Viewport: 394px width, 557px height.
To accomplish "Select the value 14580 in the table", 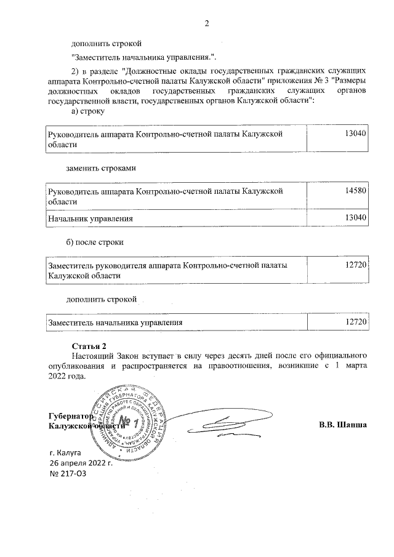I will point(356,191).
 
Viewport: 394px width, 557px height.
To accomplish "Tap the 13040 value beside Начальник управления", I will point(356,218).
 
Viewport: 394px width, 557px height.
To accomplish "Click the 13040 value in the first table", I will point(356,133).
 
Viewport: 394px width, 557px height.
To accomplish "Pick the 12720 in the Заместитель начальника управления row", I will point(356,322).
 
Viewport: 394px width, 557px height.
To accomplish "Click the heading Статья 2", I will point(89,345).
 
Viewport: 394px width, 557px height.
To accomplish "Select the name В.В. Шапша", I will point(343,425).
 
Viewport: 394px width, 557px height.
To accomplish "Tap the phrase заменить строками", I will point(101,167).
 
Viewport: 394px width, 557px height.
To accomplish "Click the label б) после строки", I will point(95,242).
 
